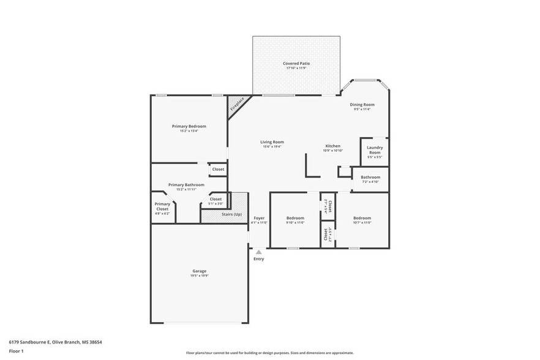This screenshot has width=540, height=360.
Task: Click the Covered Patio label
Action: point(296,63)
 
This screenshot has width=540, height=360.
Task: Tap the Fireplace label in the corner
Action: point(237,104)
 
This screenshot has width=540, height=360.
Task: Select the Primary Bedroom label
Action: point(189,126)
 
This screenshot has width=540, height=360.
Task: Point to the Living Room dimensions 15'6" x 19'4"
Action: point(272,147)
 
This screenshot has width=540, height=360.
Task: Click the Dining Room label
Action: point(362,105)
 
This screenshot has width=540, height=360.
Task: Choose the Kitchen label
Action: point(332,146)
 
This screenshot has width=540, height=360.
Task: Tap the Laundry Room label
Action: point(375,150)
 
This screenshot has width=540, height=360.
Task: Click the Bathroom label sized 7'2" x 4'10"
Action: point(370,178)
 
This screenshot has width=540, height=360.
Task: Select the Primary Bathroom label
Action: point(186,184)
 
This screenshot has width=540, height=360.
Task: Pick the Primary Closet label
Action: point(162,206)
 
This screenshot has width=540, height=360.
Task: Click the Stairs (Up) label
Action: point(230,214)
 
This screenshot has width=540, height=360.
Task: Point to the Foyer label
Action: point(259,218)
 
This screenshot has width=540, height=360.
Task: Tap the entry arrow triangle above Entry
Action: point(259,251)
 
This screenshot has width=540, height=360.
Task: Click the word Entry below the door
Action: point(259,259)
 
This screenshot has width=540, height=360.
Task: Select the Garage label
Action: point(200,271)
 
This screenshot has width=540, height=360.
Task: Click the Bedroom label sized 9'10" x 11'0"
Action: point(295,218)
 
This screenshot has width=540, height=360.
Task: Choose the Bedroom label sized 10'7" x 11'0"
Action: point(362,218)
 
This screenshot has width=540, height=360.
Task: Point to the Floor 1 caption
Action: point(16,351)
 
